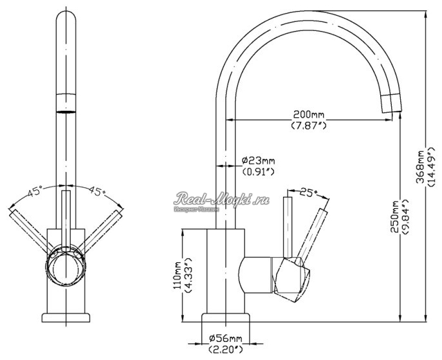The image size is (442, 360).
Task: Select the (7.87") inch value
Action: point(308,125)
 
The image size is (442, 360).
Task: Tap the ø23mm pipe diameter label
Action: point(259,160)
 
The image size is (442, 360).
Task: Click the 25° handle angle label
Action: point(310,191)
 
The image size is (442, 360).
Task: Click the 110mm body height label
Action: point(177,275)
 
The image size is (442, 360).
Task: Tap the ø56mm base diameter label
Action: point(225,339)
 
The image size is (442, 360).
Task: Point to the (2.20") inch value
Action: point(225,349)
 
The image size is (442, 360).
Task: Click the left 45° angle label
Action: point(35,191)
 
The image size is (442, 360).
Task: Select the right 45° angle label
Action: point(97,191)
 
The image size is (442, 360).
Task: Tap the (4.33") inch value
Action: point(188,275)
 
